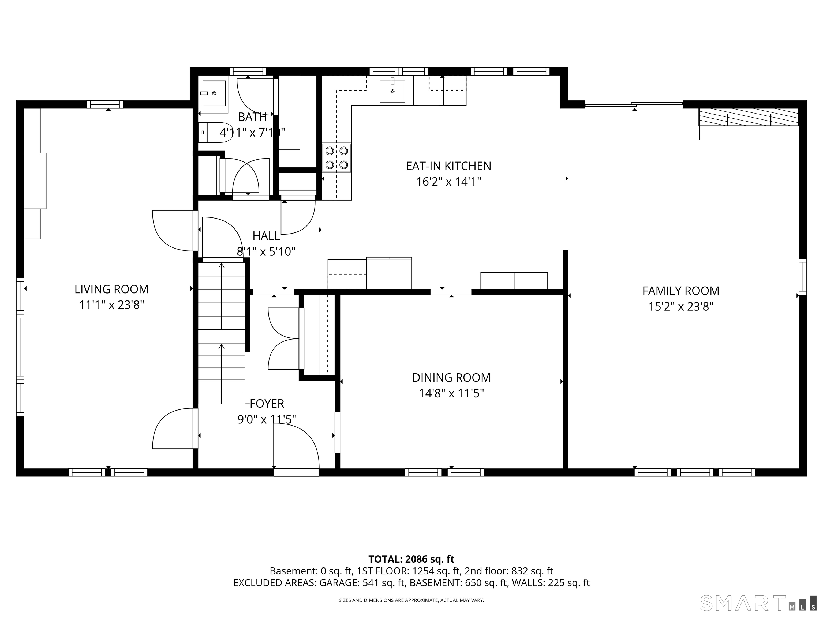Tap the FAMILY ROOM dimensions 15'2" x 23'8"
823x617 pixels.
click(x=680, y=307)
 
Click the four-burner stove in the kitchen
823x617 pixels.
click(x=337, y=158)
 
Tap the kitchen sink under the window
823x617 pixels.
click(x=392, y=91)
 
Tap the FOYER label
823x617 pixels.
click(x=267, y=404)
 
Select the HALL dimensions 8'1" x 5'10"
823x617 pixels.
click(x=266, y=252)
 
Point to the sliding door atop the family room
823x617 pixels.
click(x=634, y=104)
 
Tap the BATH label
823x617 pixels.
click(x=252, y=117)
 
